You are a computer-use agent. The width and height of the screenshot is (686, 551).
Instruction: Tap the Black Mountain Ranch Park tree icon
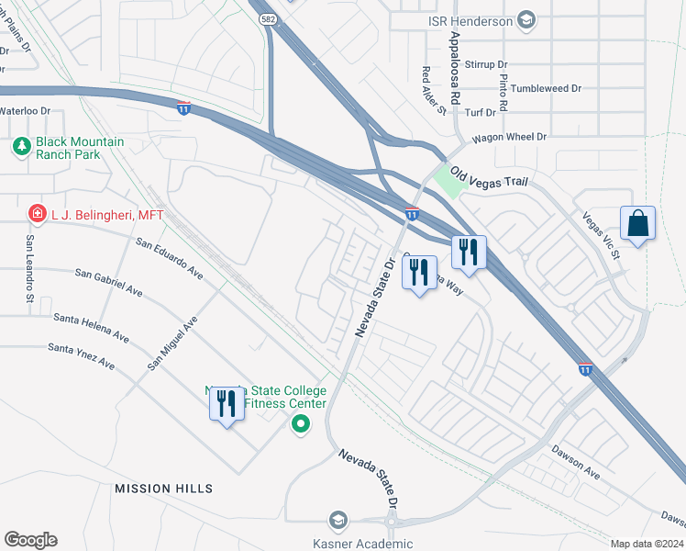tap(22, 146)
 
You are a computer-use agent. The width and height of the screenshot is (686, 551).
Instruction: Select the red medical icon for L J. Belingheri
tap(38, 214)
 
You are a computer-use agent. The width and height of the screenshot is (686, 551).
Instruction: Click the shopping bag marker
tap(637, 224)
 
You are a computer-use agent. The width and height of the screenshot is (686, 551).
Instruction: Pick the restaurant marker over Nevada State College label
tap(227, 403)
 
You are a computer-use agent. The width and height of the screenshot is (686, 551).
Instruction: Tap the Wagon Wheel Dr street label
tap(509, 138)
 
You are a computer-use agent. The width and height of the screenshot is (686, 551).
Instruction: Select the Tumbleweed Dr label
tap(547, 89)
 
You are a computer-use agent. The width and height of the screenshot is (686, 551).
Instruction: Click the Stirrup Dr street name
tap(487, 65)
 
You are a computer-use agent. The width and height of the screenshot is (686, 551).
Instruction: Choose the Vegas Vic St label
tap(602, 234)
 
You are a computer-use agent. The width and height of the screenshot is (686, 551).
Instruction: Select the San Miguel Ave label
tap(172, 343)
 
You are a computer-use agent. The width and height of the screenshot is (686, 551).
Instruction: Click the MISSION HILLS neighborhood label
tap(163, 489)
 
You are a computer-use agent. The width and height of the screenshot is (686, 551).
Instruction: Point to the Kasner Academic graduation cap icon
tap(338, 521)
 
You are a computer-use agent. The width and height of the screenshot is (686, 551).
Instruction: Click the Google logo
tap(30, 540)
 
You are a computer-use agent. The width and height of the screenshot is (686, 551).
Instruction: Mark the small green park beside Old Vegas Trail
tap(449, 180)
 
